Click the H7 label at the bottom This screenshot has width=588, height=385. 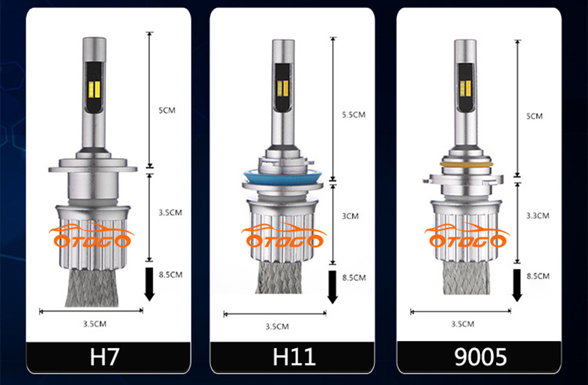(104, 357)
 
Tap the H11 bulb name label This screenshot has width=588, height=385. (294, 357)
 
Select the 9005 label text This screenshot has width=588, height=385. (481, 357)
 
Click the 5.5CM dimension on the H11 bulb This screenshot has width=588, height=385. (354, 115)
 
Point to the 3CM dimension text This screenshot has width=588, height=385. (350, 216)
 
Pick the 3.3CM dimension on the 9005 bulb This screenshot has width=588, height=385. (537, 215)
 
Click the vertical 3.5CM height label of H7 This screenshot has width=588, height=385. (170, 212)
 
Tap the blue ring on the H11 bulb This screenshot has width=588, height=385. (282, 176)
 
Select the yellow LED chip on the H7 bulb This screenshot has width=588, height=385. (95, 90)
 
